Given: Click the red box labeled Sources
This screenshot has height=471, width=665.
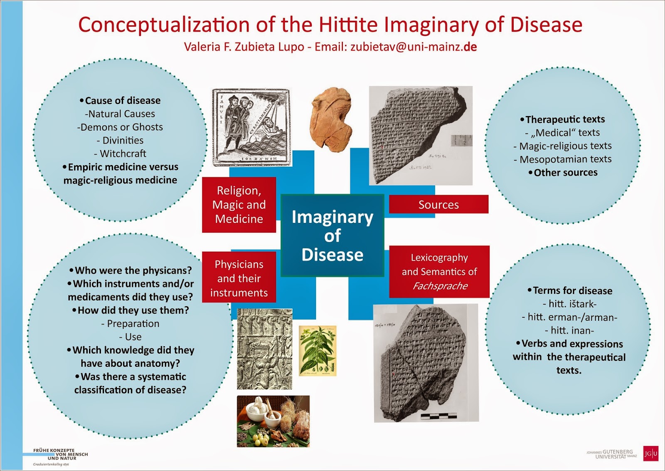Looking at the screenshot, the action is pos(438,204).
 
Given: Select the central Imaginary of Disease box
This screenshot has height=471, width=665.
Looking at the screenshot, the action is pos(332,235).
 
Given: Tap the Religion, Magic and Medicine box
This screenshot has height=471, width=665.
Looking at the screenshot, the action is pos(239,205).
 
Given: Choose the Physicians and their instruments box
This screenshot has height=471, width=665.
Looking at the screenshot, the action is pos(239,278).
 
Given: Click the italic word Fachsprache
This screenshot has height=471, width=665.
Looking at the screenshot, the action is pos(440,286).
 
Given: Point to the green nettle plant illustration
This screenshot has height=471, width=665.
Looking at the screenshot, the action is pos(318,351).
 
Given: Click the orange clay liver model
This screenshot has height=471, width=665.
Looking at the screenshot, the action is pos(331,117).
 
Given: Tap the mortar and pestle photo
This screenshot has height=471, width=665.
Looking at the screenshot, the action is pos(273,421).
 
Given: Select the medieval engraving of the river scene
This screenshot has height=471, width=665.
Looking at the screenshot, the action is pos(251,127).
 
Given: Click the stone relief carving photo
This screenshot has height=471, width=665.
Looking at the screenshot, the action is pos(264,349).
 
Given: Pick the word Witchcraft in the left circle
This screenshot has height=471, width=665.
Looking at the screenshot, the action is pos(123,154).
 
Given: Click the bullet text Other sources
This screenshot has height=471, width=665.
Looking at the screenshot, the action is pos(565,173).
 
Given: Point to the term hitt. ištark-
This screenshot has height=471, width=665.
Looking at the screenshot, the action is pos(572,304).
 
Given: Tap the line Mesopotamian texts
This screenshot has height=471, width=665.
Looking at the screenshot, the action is pos(565,159).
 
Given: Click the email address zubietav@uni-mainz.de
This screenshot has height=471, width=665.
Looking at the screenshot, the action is pos(413,47).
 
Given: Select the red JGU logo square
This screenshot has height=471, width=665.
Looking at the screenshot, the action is pos(650,453).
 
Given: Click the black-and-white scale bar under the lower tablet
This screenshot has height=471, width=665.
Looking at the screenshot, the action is pos(438,416).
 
